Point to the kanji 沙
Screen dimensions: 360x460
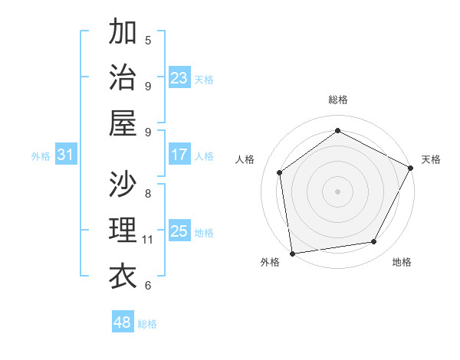coord(123,183)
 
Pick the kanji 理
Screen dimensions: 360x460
coord(123,230)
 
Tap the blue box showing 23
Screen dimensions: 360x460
coord(179,78)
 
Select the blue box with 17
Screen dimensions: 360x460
coord(179,155)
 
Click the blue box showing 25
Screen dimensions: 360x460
coord(179,231)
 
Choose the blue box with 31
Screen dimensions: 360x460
coord(66,155)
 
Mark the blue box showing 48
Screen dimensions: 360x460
coord(123,322)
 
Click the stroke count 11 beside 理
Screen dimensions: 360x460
coord(148,240)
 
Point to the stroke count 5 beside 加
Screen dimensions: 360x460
coord(148,40)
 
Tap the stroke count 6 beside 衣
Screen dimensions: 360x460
coord(148,286)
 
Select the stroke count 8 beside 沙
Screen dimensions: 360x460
coord(148,193)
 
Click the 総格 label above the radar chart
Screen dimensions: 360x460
coord(337,100)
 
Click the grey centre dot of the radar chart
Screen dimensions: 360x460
coord(337,191)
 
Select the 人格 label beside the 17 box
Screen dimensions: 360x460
coord(205,155)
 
